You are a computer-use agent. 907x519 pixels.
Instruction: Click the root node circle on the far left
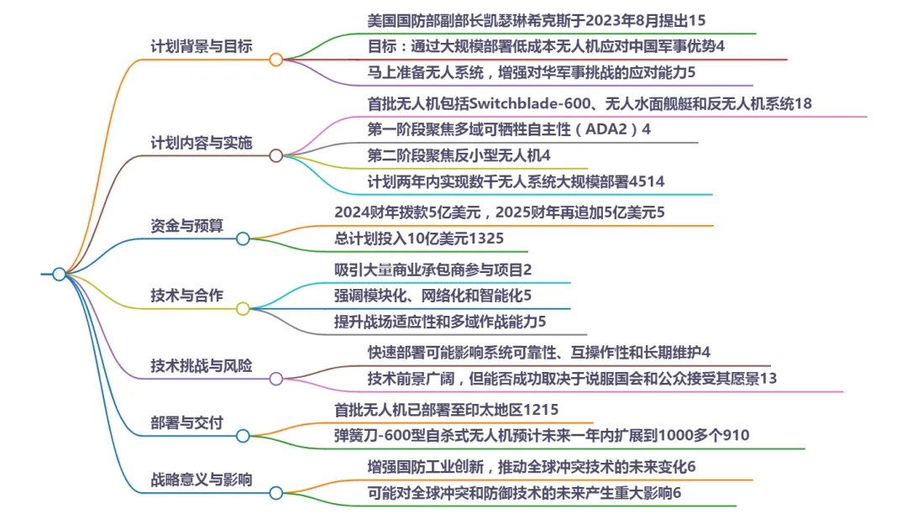[x=59, y=274]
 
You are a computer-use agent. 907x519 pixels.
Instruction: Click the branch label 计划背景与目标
[x=201, y=46]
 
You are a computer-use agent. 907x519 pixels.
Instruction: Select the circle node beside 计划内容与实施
[x=275, y=155]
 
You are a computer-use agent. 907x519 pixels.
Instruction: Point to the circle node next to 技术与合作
[x=243, y=308]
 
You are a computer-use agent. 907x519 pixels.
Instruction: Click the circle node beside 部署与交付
[x=243, y=435]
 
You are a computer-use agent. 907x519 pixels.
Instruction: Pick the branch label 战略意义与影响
[x=201, y=480]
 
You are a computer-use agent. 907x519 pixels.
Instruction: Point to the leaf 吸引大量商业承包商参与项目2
[x=433, y=270]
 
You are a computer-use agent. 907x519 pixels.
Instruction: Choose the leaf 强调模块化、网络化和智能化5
[x=433, y=296]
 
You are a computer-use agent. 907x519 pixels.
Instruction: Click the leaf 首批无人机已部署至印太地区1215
[x=446, y=410]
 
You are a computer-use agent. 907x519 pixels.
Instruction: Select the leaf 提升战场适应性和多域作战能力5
[x=440, y=321]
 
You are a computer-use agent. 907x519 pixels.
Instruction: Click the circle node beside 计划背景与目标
[x=275, y=59]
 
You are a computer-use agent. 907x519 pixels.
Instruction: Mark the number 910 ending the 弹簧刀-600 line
[x=737, y=435]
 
